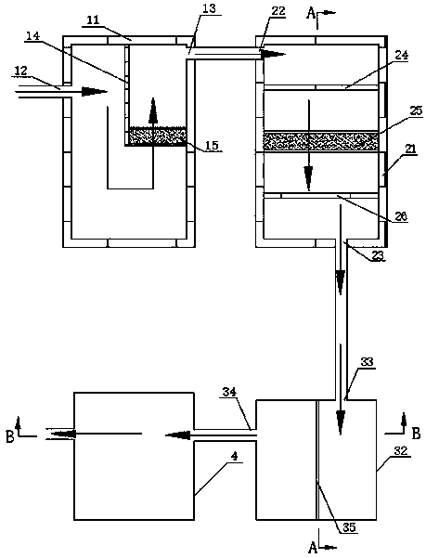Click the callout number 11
click(x=94, y=19)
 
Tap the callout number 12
click(x=21, y=71)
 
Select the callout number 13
click(x=209, y=8)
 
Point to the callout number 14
click(x=33, y=35)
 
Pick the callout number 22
click(x=278, y=10)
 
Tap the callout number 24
click(x=402, y=55)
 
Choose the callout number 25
click(x=415, y=110)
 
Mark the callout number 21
click(x=410, y=149)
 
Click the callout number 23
click(x=379, y=256)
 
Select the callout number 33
click(x=367, y=362)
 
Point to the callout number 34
click(x=230, y=393)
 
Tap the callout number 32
click(x=401, y=451)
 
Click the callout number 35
click(x=349, y=527)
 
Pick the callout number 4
click(x=234, y=457)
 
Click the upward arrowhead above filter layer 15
click(x=153, y=110)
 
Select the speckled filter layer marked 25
click(x=320, y=141)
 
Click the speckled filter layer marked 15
click(x=157, y=136)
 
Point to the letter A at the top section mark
click(x=312, y=14)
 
